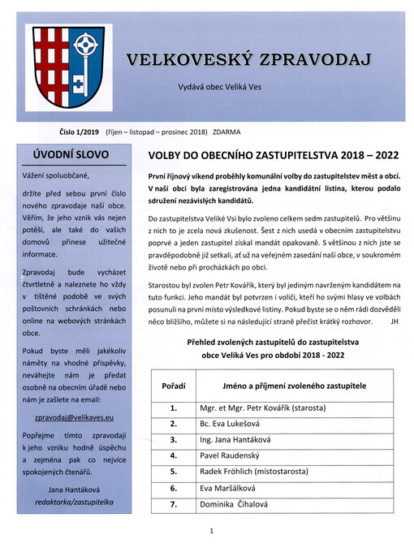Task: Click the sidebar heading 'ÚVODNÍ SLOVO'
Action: click(x=67, y=153)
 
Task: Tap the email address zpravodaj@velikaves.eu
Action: click(x=67, y=417)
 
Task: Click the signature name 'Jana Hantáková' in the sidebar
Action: click(x=67, y=490)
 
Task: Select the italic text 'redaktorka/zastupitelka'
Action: click(x=67, y=503)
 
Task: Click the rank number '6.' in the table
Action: click(x=173, y=489)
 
